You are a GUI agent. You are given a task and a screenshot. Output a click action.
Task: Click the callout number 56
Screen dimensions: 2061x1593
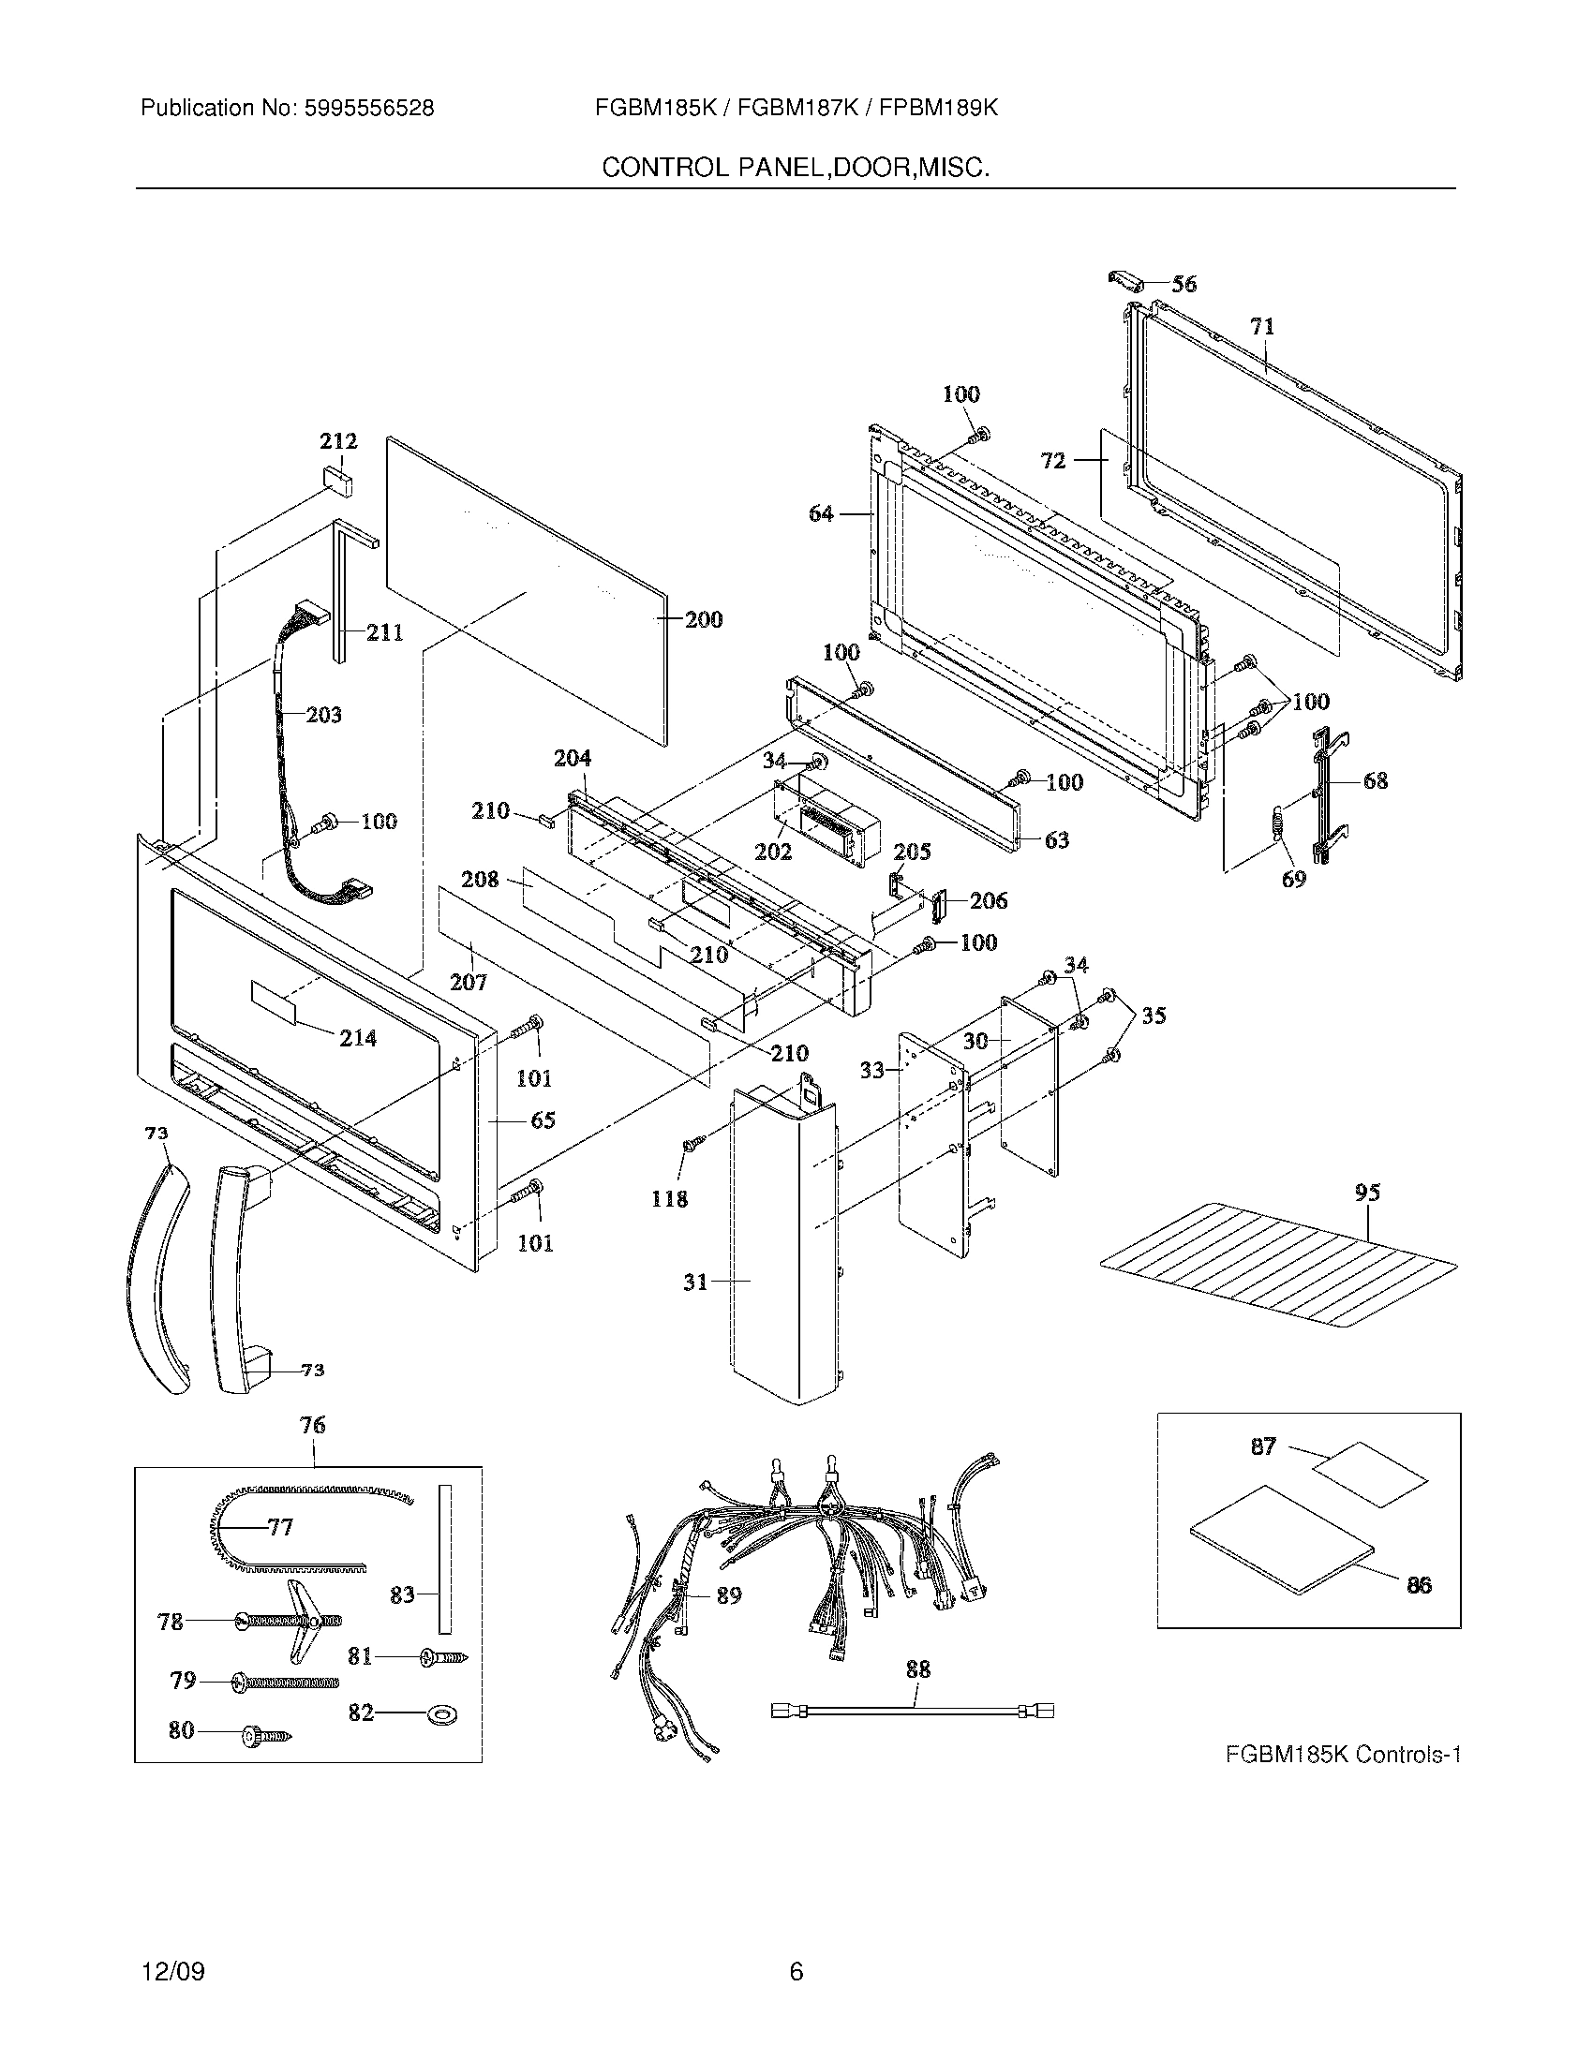1184,283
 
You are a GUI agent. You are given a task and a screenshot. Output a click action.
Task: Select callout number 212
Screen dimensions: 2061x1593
338,440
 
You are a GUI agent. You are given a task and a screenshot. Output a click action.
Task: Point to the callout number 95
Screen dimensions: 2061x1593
1367,1193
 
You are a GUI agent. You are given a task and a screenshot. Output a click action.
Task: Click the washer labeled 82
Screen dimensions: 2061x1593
439,1713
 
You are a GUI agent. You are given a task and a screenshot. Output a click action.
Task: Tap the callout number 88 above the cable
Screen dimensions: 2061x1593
917,1669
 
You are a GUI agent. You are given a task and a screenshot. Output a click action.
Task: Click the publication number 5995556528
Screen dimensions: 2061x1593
369,109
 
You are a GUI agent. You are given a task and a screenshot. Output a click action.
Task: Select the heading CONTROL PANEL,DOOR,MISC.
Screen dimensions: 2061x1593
796,168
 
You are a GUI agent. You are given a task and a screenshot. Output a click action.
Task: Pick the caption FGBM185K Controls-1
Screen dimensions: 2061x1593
1343,1755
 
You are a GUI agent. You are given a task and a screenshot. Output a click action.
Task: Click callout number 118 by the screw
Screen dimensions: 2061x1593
669,1198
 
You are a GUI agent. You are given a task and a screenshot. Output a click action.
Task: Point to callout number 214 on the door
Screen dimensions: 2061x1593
358,1038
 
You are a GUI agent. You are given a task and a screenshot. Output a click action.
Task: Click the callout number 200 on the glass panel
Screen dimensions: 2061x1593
703,619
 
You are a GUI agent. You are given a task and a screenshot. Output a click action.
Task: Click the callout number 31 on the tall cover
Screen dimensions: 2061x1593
695,1282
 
